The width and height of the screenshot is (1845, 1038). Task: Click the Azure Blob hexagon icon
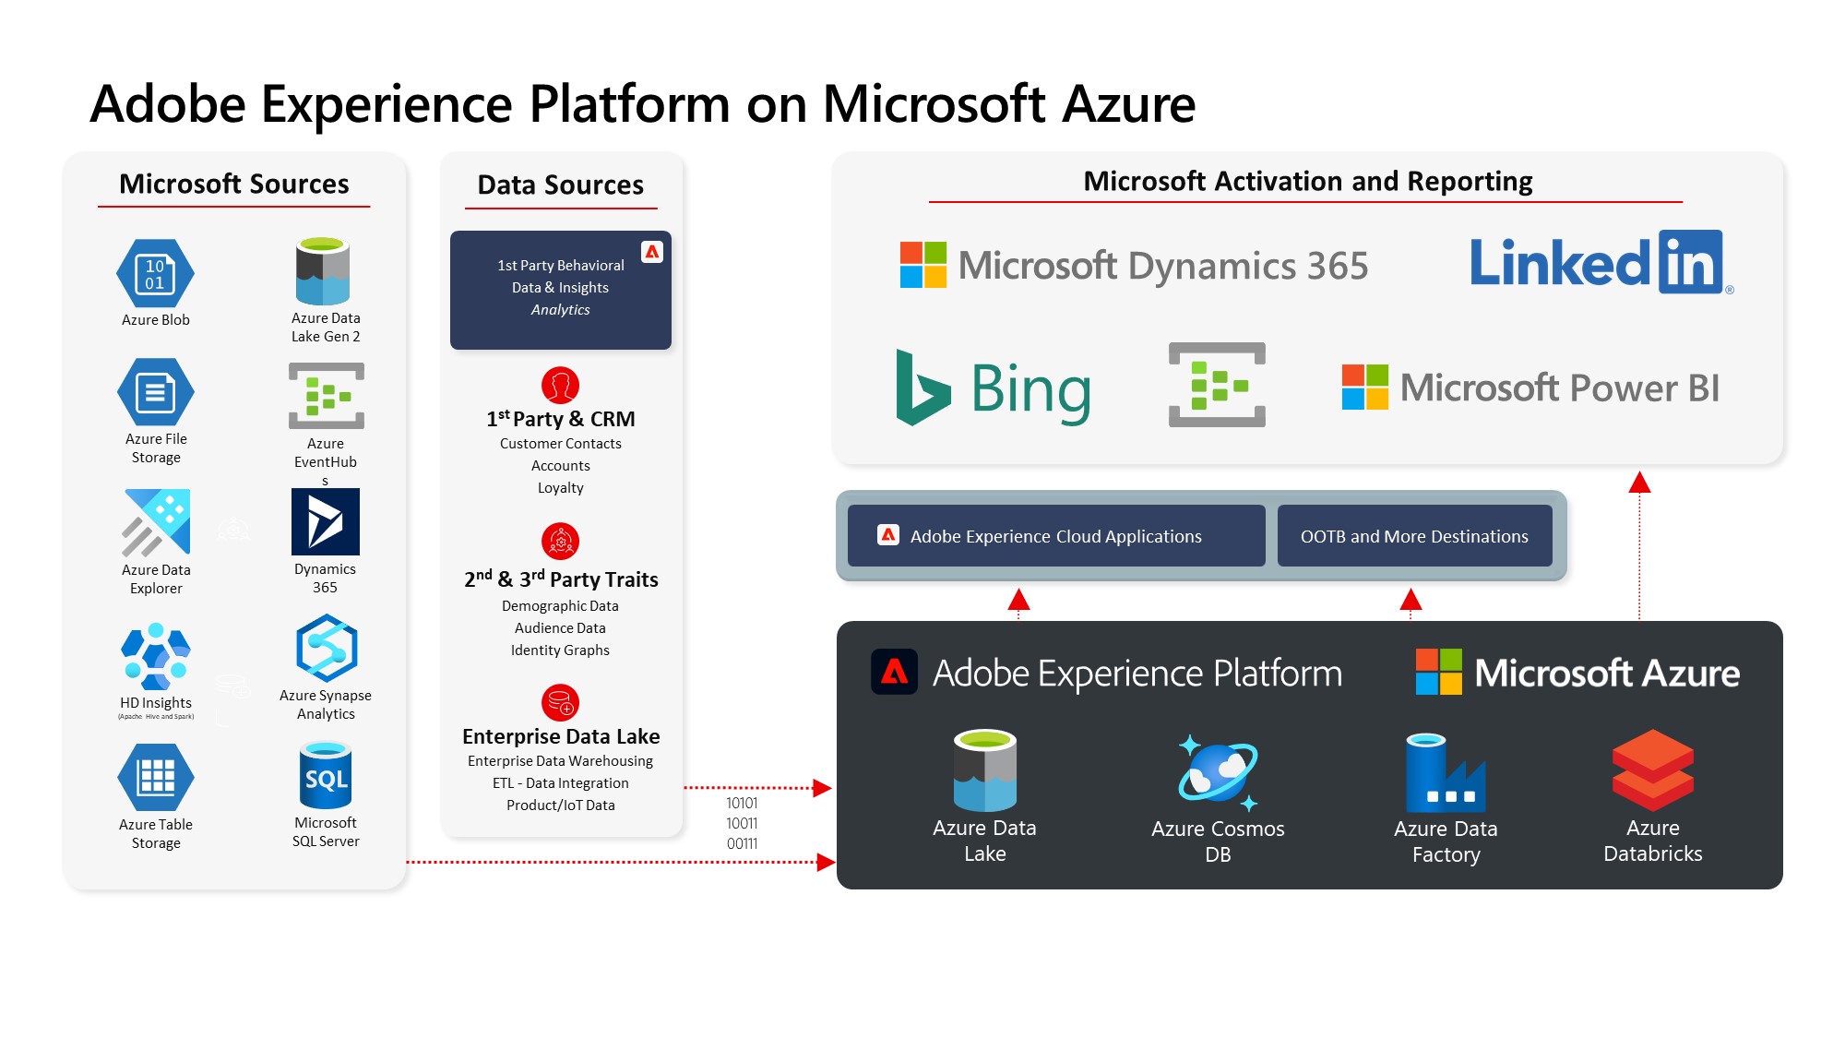click(x=155, y=273)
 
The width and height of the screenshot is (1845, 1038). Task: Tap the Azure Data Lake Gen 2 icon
click(x=323, y=271)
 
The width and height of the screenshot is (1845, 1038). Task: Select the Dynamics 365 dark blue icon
click(x=325, y=521)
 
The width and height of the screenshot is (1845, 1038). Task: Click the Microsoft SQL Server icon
click(x=326, y=777)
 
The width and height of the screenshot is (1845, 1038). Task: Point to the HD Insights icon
click(x=155, y=657)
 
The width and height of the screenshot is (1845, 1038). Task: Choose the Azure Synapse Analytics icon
click(x=327, y=649)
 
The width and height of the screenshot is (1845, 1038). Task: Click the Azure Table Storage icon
click(x=156, y=777)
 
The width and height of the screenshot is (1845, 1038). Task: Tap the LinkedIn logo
click(x=1598, y=263)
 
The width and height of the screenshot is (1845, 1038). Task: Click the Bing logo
click(x=993, y=388)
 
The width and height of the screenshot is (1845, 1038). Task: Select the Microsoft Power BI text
click(x=1559, y=388)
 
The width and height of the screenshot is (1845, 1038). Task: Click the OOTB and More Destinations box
click(x=1414, y=536)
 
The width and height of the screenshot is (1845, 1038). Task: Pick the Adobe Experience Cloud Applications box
click(x=1056, y=536)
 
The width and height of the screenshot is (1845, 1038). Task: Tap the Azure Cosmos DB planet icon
click(x=1218, y=773)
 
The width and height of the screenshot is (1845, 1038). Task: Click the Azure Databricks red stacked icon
click(x=1652, y=770)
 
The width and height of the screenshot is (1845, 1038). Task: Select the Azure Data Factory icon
click(x=1445, y=773)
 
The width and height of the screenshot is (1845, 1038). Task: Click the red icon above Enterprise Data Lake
click(x=560, y=702)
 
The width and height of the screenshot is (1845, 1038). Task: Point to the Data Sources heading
click(x=561, y=185)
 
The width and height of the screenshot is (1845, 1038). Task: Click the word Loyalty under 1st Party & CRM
click(x=561, y=488)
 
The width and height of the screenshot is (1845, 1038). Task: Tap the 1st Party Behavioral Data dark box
click(x=561, y=290)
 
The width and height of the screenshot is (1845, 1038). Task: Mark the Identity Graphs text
click(x=561, y=650)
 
